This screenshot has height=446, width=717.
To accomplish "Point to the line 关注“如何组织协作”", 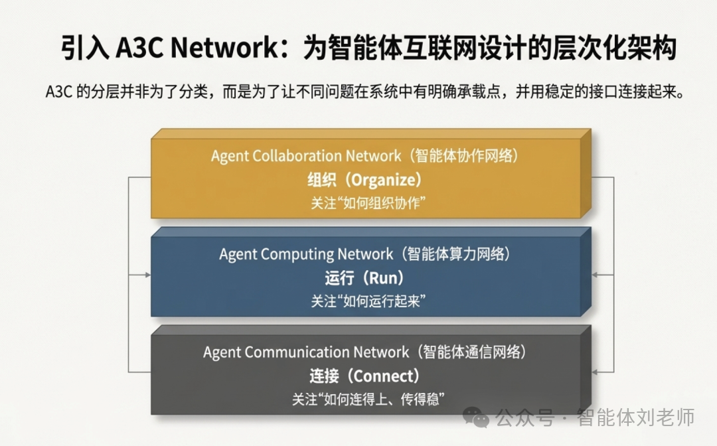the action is (x=367, y=203).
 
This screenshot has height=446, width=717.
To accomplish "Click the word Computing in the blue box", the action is (x=297, y=254).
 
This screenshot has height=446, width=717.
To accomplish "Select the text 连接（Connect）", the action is (x=365, y=376).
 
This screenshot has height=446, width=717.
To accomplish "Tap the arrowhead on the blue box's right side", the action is (x=595, y=274).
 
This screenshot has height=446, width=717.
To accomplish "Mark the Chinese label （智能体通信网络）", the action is (x=468, y=352).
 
